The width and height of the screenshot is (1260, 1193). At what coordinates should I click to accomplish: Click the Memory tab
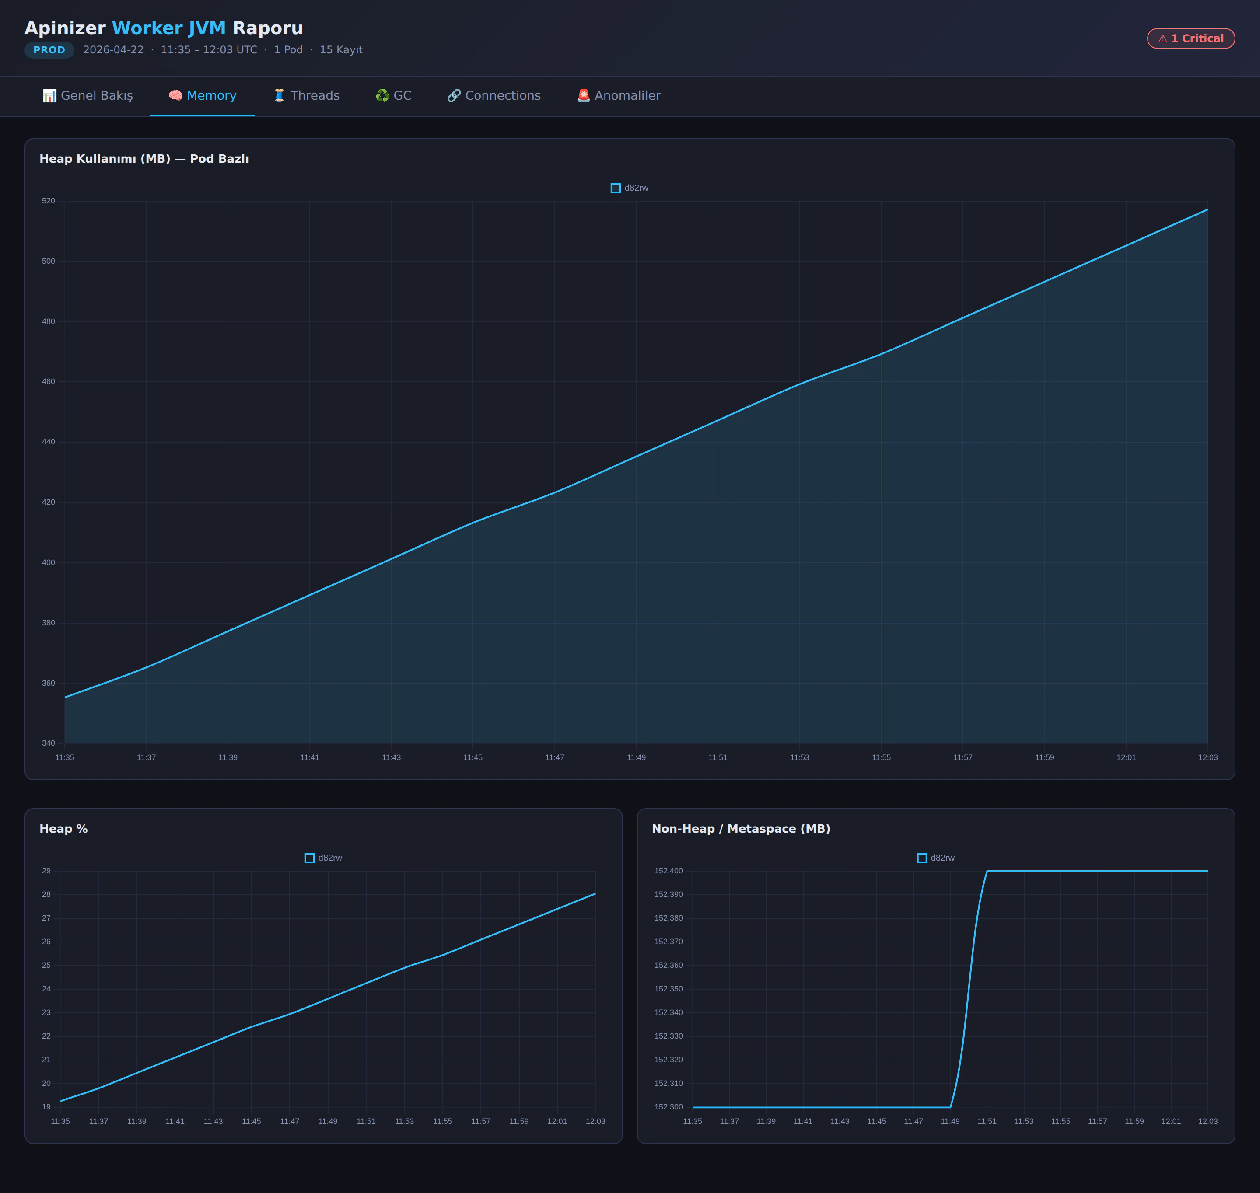[x=202, y=95]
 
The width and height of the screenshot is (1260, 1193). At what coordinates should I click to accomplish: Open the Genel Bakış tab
[x=88, y=95]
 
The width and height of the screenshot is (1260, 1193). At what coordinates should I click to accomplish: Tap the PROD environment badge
[x=49, y=49]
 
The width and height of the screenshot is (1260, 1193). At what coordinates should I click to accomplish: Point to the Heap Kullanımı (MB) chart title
[x=144, y=158]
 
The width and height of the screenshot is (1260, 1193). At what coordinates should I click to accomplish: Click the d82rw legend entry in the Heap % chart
[x=323, y=858]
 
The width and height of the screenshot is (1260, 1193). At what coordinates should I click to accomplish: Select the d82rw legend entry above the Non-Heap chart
[x=936, y=858]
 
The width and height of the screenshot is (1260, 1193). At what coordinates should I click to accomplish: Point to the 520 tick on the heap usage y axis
[x=48, y=201]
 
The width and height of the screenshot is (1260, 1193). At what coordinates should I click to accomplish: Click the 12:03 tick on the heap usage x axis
[x=1207, y=757]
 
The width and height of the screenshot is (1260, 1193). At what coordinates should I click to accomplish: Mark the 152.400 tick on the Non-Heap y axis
[x=668, y=871]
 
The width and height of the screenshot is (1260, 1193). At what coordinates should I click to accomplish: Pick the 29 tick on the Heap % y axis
[x=46, y=871]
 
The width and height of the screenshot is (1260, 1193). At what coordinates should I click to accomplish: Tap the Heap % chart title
[x=63, y=829]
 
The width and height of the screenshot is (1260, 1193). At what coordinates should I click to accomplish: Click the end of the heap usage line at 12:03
[x=1207, y=209]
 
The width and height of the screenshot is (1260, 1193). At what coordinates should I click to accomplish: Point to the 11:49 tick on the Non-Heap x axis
[x=950, y=1121]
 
